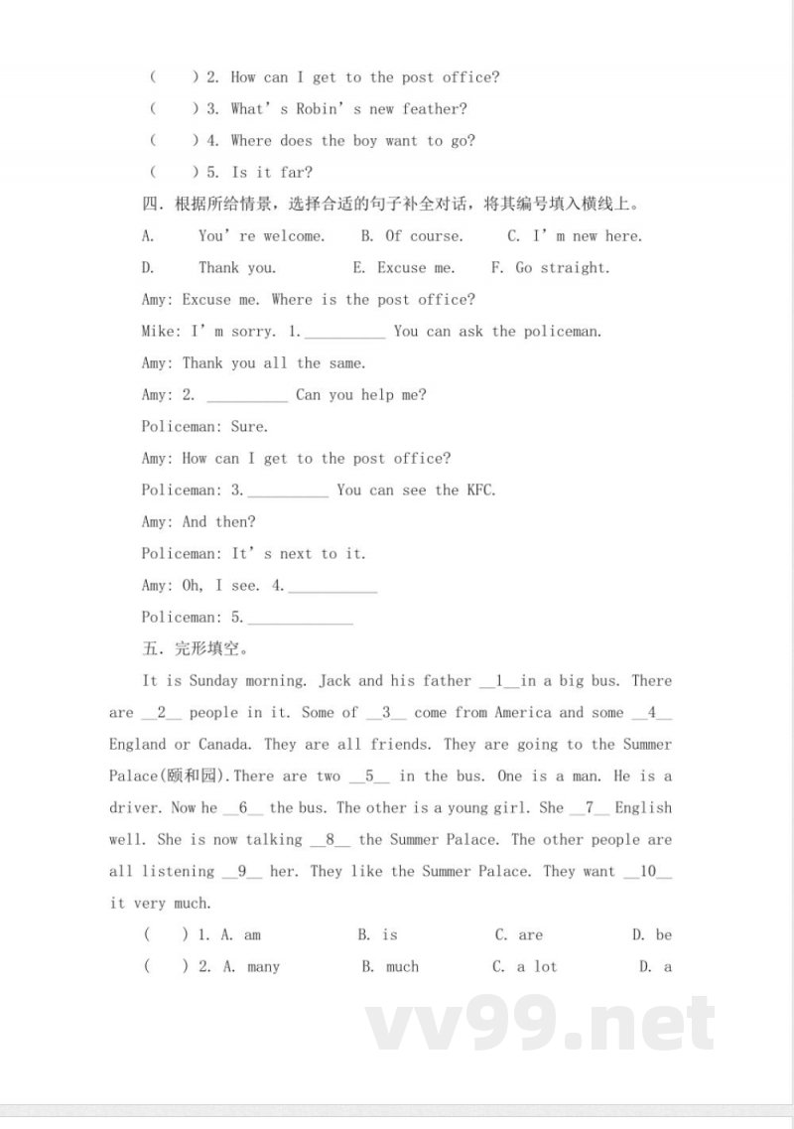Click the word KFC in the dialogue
pyautogui.click(x=480, y=491)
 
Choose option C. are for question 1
pyautogui.click(x=519, y=935)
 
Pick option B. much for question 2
pyautogui.click(x=390, y=967)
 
